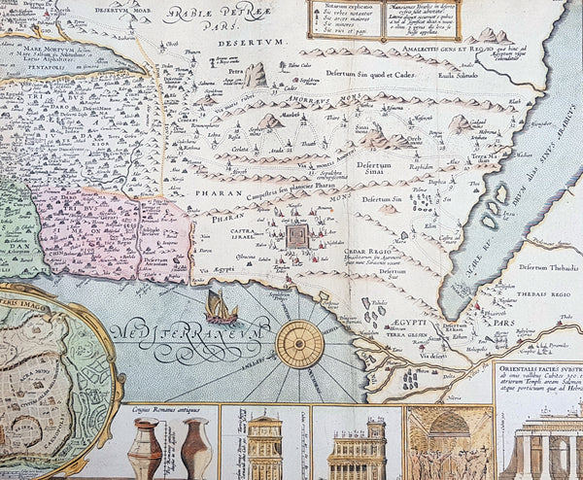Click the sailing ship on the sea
coord(222,307)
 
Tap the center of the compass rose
coord(298,343)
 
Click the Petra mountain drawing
coord(255,75)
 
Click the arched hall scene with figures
coord(448,442)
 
